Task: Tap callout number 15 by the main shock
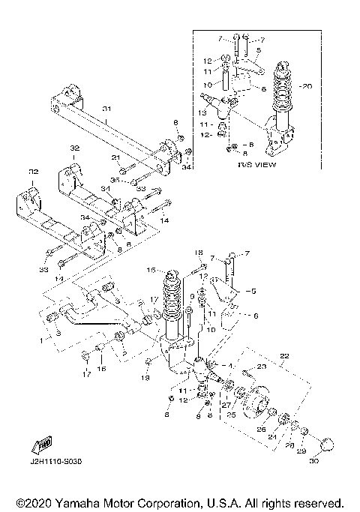(151, 270)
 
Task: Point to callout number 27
(226, 406)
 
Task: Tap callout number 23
(262, 367)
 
